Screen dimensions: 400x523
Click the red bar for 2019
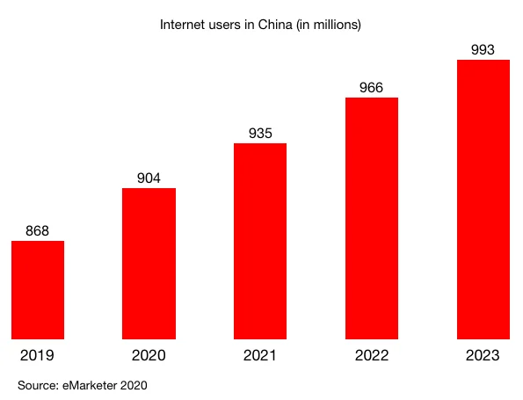37,289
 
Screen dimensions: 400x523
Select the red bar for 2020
149,263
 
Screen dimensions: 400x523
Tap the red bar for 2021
260,241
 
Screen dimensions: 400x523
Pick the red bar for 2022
372,218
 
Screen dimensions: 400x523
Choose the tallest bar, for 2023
483,199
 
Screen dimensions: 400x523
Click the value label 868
37,231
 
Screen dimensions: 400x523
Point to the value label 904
149,178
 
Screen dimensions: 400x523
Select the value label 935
260,134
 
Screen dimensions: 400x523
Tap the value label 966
372,88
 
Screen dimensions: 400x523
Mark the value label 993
483,49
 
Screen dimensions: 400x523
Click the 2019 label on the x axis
37,356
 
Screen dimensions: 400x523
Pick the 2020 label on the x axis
149,356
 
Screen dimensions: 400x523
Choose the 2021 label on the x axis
260,356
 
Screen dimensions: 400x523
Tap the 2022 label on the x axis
372,356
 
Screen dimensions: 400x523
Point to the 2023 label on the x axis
483,356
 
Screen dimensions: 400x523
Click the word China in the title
272,25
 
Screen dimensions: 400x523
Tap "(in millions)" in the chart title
327,25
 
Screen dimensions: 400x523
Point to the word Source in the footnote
37,385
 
